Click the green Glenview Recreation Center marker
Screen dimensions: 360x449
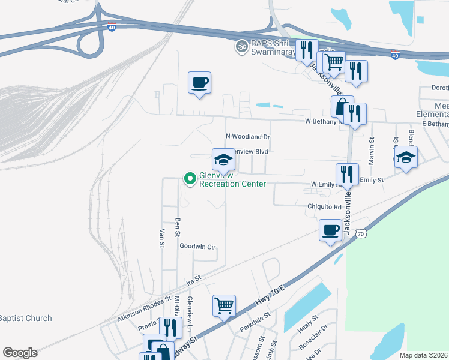190,178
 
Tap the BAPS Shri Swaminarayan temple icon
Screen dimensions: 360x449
242,46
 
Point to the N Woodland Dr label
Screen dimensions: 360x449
248,137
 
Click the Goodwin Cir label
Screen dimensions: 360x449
197,246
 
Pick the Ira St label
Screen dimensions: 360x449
193,279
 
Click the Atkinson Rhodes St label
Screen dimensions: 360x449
141,311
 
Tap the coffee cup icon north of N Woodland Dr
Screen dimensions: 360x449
199,83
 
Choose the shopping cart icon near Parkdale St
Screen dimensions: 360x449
223,305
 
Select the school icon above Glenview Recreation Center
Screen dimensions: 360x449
223,160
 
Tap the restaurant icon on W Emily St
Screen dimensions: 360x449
347,175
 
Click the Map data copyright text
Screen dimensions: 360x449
424,355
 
